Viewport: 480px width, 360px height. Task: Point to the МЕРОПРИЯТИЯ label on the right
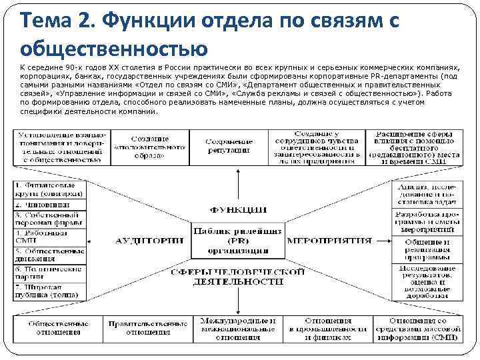(329, 240)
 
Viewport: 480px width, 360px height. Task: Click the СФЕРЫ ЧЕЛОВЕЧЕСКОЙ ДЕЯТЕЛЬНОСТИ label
(238, 277)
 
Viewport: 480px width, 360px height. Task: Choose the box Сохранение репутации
(229, 147)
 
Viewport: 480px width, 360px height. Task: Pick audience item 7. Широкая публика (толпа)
(49, 291)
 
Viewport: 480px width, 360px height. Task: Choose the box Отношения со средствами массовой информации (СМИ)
(419, 329)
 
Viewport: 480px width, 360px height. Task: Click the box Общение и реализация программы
(425, 249)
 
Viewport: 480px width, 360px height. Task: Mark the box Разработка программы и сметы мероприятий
(425, 221)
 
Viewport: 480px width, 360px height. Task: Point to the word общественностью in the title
(114, 49)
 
